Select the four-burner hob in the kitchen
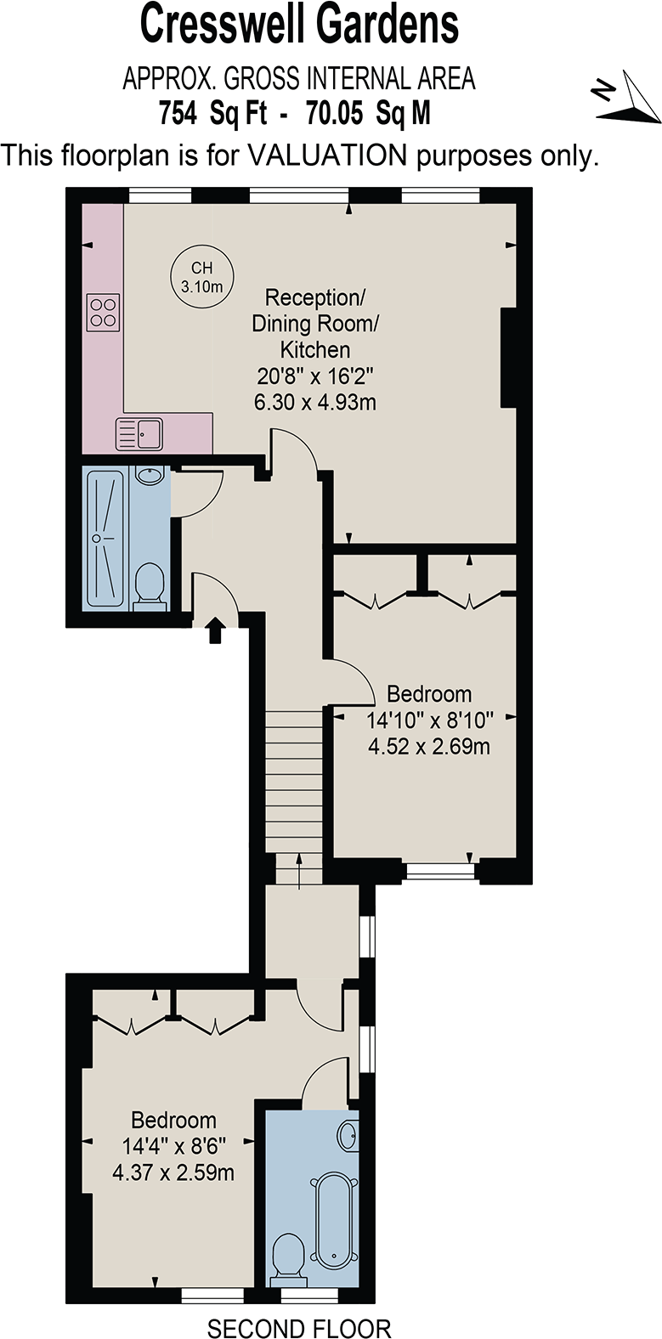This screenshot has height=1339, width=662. (104, 311)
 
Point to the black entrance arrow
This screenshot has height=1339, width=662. (215, 630)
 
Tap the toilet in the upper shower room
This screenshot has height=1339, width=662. (150, 585)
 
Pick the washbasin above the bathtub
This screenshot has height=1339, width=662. (348, 1134)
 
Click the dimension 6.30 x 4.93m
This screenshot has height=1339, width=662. (314, 402)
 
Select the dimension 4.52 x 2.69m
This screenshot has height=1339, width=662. (428, 747)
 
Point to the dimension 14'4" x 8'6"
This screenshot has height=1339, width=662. (173, 1146)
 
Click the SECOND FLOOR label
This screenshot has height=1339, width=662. (299, 1328)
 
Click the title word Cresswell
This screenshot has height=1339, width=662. (225, 25)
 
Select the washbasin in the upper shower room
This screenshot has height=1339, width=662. (150, 474)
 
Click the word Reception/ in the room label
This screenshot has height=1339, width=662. (314, 297)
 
